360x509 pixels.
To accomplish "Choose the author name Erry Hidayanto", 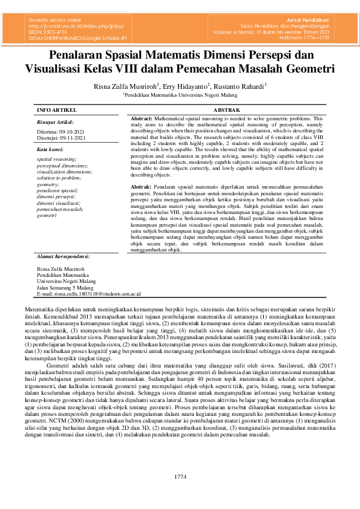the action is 186,86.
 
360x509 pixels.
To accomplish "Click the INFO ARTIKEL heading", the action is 57,110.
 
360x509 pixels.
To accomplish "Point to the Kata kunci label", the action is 50,149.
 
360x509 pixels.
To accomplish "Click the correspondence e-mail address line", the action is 88,294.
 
